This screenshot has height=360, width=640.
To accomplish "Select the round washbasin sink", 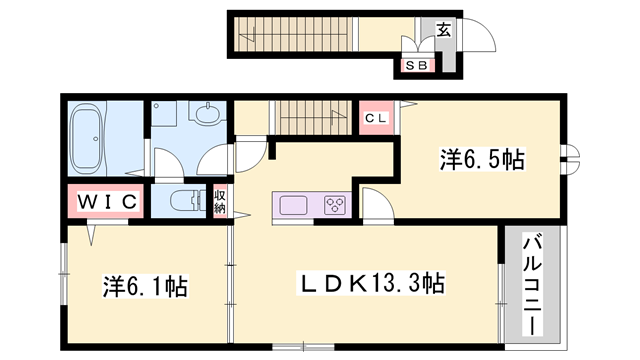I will tap(207, 116).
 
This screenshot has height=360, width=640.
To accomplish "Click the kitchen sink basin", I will tap(294, 205).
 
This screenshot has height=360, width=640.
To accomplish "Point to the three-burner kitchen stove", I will tap(333, 206).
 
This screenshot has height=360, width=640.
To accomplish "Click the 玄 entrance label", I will tap(443, 28).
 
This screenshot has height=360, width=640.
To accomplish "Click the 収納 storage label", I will tap(219, 201).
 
